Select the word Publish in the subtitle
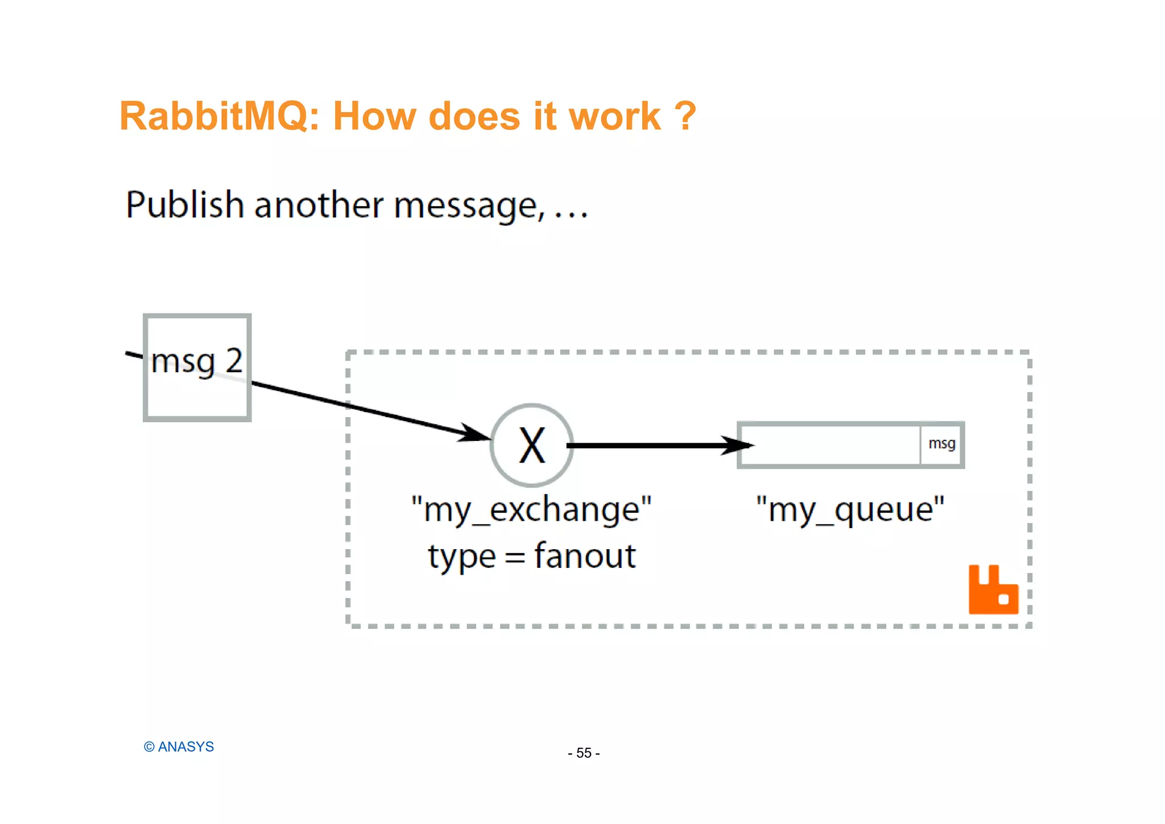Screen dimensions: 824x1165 [184, 205]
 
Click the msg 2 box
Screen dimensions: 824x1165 [197, 368]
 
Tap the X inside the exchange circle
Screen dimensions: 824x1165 [532, 446]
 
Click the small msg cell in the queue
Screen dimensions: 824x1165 [941, 444]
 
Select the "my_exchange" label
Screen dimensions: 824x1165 [531, 509]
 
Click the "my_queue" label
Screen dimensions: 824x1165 [850, 509]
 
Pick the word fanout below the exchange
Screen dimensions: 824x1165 [585, 556]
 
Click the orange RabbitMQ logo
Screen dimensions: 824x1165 [993, 590]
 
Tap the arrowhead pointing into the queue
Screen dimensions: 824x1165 [738, 446]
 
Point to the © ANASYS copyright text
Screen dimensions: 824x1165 [179, 747]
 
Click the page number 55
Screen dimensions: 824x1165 [584, 753]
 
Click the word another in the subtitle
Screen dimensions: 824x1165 [319, 205]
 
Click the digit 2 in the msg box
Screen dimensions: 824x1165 [234, 361]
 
